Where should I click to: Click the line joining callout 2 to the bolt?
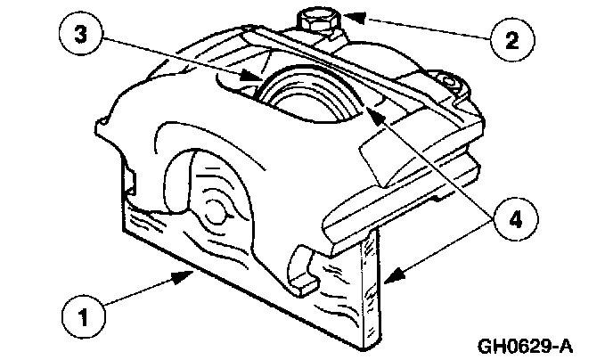click(x=419, y=27)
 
